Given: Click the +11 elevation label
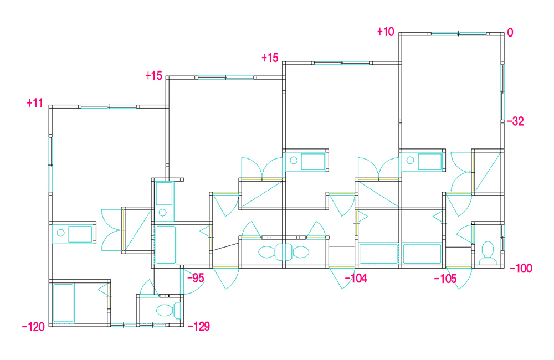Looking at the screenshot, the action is pyautogui.click(x=35, y=103).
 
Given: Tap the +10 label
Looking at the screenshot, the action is pyautogui.click(x=386, y=32).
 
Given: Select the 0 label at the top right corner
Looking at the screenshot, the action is pyautogui.click(x=510, y=33).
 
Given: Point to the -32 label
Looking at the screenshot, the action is pyautogui.click(x=515, y=121).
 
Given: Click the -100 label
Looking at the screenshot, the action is pyautogui.click(x=521, y=269).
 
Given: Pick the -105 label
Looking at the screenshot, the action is pyautogui.click(x=445, y=279).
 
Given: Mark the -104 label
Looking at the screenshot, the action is pyautogui.click(x=356, y=279).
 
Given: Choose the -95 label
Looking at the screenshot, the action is pyautogui.click(x=196, y=278).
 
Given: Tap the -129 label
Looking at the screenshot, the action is pyautogui.click(x=199, y=326).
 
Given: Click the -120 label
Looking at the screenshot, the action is pyautogui.click(x=33, y=327).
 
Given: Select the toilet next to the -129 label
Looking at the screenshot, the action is pyautogui.click(x=168, y=311).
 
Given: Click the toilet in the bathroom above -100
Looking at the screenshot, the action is pyautogui.click(x=488, y=253).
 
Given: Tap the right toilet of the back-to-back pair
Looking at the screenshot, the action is pyautogui.click(x=297, y=252).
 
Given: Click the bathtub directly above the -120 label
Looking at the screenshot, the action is pyautogui.click(x=64, y=303).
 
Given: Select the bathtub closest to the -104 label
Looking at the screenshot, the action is pyautogui.click(x=378, y=253).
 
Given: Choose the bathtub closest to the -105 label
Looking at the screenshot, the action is pyautogui.click(x=422, y=253).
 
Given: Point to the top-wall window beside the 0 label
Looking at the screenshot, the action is pyautogui.click(x=459, y=34).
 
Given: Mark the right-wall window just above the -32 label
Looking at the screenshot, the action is pyautogui.click(x=502, y=92).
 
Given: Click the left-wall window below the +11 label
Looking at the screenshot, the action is pyautogui.click(x=50, y=165).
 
